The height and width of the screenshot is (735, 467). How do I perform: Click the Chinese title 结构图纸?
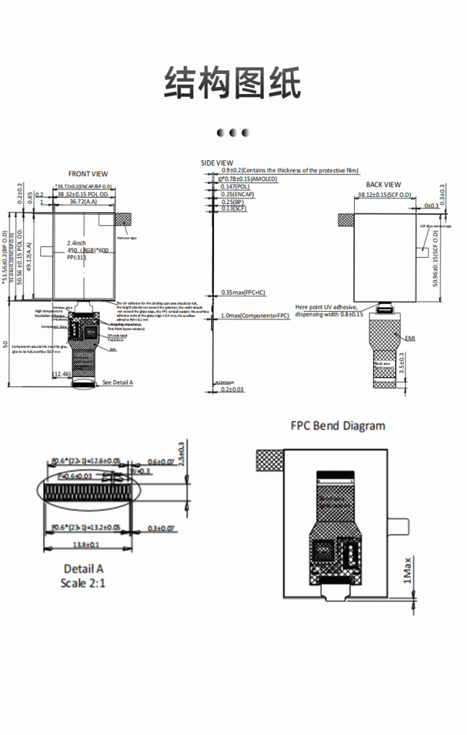(233, 82)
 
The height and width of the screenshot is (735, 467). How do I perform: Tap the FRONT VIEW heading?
(88, 174)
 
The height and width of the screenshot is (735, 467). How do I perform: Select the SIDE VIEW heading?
(216, 163)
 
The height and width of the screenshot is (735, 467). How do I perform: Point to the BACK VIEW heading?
(384, 185)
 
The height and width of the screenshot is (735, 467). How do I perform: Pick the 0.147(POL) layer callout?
(235, 187)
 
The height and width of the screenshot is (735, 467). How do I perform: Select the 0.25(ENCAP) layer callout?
(238, 195)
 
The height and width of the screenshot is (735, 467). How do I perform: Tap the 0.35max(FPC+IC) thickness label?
(244, 293)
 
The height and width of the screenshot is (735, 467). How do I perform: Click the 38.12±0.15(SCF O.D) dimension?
(384, 195)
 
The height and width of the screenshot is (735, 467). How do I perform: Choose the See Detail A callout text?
(118, 382)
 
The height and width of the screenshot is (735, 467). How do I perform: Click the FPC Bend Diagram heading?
(338, 425)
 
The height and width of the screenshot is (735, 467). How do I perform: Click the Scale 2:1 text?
(83, 583)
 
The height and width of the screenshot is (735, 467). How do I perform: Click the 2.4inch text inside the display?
(77, 243)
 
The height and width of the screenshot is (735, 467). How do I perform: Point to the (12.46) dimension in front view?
(62, 374)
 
